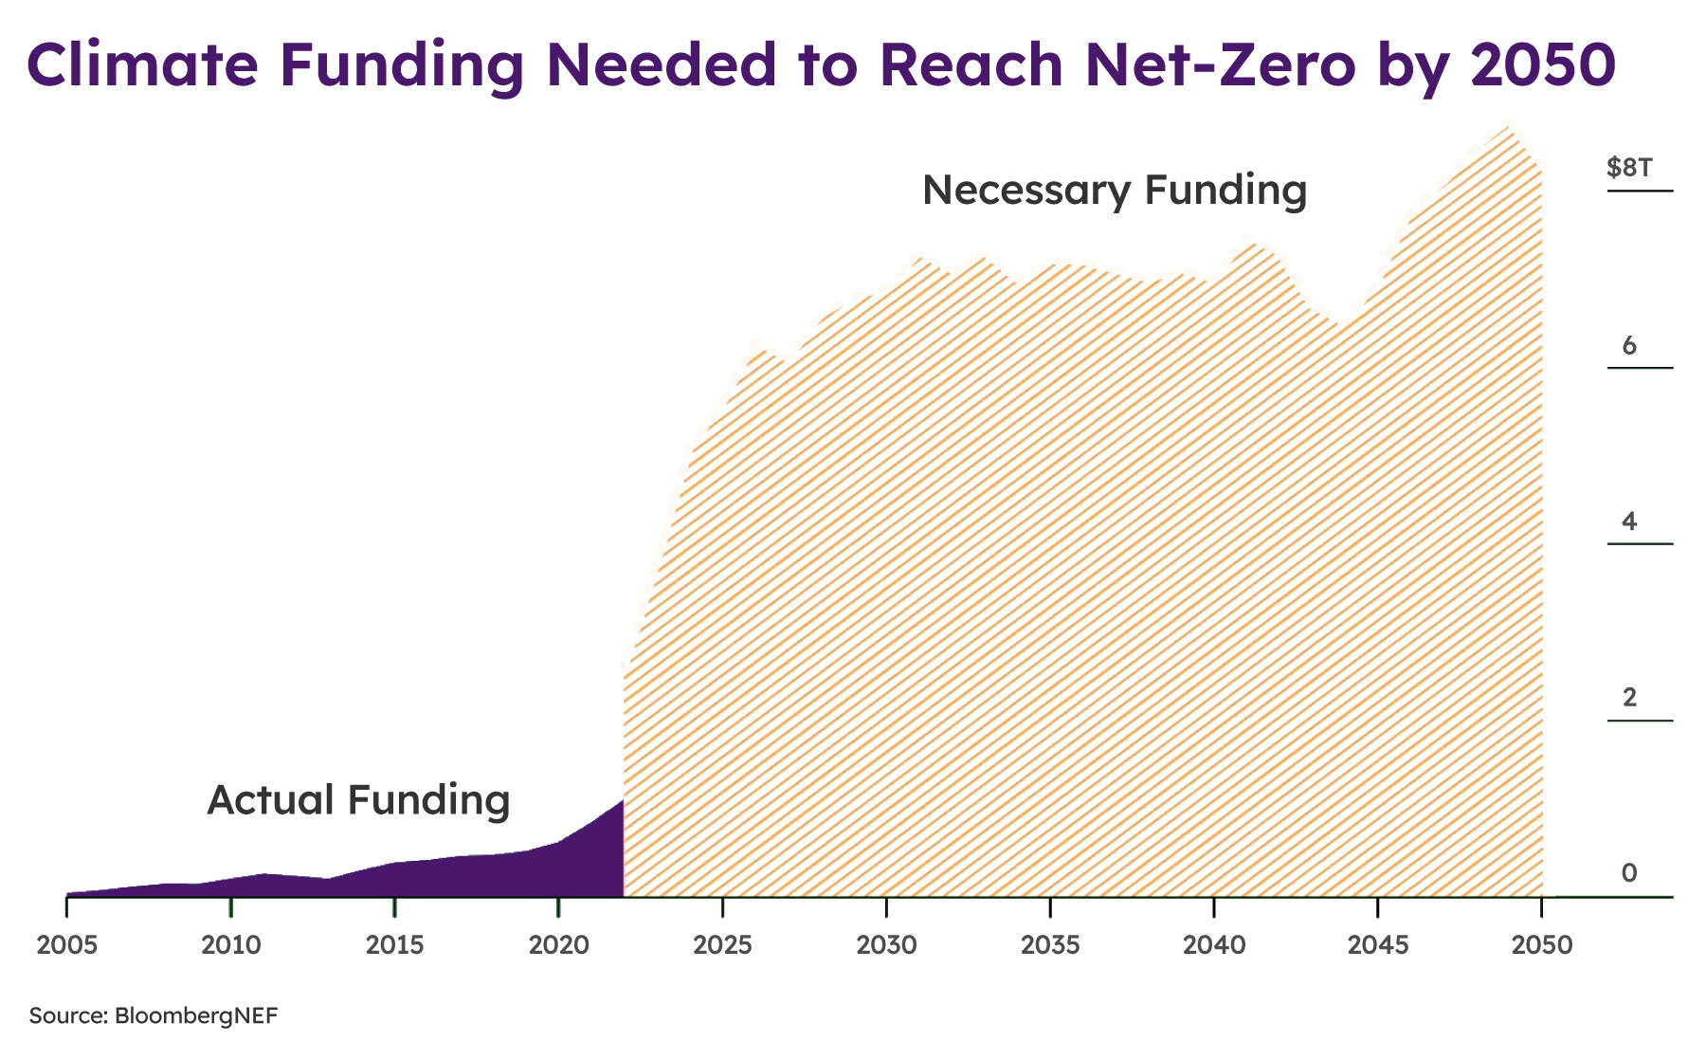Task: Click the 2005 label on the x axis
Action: click(x=66, y=945)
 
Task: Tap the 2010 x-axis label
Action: click(x=231, y=945)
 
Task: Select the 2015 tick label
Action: click(x=395, y=945)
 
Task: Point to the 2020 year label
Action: click(x=558, y=945)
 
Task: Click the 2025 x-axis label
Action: click(x=722, y=945)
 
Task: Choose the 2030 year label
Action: click(x=886, y=945)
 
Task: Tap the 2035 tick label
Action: click(x=1050, y=945)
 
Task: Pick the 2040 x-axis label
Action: click(x=1214, y=945)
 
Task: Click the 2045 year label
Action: click(x=1378, y=945)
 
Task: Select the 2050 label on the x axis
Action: click(x=1542, y=945)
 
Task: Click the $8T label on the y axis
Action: click(x=1629, y=169)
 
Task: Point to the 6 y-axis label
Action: click(x=1629, y=345)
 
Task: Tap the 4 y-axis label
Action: click(x=1629, y=521)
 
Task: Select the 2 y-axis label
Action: click(x=1629, y=698)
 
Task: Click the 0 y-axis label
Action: click(x=1629, y=873)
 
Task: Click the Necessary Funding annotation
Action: click(x=1115, y=191)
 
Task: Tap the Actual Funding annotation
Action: click(x=358, y=800)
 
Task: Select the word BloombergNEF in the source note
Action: click(x=196, y=1016)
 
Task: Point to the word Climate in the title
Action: click(x=142, y=64)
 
